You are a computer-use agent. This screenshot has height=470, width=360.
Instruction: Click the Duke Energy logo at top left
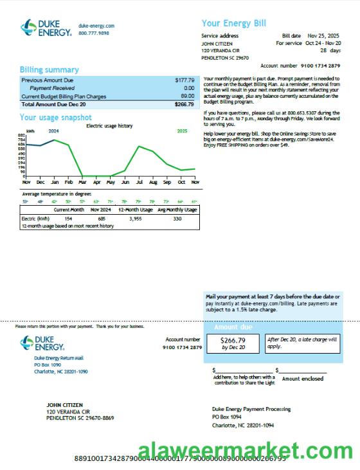(x=45, y=28)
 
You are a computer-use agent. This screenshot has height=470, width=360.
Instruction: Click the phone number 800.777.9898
(x=94, y=33)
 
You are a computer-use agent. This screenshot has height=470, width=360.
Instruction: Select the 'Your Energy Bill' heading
(x=233, y=24)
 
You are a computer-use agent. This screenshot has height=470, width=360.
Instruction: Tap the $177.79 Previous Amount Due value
(x=184, y=80)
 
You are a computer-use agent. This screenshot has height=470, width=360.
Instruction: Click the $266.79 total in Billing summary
(x=184, y=104)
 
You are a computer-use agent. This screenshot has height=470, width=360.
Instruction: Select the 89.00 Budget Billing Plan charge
(x=187, y=96)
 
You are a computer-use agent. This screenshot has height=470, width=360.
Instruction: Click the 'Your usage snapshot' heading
(x=55, y=118)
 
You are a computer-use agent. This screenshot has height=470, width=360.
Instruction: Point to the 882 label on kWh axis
(x=21, y=134)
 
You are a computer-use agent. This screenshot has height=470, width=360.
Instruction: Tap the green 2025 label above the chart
(x=182, y=131)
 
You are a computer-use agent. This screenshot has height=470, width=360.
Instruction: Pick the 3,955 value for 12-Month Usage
(x=135, y=219)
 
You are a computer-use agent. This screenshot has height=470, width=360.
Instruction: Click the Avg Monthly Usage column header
(x=177, y=210)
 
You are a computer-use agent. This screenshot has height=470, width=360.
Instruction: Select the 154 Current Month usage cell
(x=68, y=219)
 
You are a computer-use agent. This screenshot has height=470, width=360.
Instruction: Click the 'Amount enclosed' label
(x=303, y=379)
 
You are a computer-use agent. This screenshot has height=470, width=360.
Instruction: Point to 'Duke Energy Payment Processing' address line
(x=251, y=409)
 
